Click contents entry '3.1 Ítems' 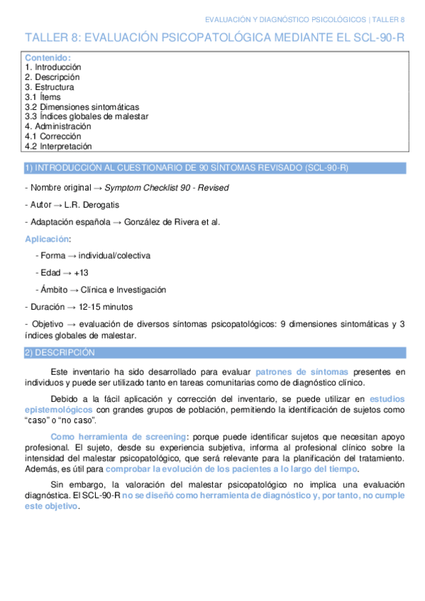(43, 97)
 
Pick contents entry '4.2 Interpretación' (58, 146)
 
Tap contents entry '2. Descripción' (52, 77)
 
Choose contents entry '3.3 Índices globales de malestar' (87, 116)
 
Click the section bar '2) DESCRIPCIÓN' (60, 352)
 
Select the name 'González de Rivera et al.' (172, 222)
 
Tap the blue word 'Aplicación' (47, 239)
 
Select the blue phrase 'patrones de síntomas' (301, 371)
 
